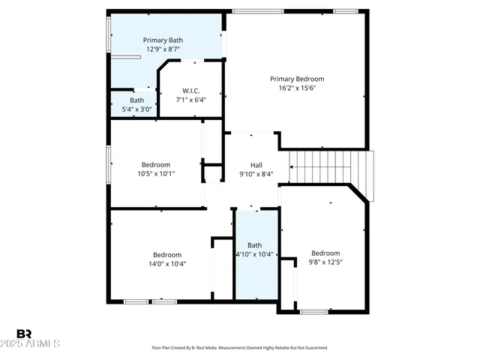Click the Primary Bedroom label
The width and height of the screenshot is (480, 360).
pos(297,79)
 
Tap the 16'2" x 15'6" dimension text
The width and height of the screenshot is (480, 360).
pos(297,88)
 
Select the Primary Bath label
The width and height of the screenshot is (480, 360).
pos(163,40)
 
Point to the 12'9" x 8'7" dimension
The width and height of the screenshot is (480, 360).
pos(163,49)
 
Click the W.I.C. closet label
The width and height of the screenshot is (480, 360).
pos(190,91)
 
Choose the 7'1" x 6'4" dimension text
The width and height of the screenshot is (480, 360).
pos(190,100)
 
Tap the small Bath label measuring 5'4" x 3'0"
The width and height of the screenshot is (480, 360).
pos(136,100)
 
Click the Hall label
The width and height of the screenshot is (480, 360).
pos(256,165)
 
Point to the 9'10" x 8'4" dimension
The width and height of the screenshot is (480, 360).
pos(256,174)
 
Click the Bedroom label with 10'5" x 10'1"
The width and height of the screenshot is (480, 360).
pos(156,165)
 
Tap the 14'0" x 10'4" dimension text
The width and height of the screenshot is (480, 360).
pos(167,264)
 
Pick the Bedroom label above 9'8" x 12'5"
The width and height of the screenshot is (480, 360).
pos(325,253)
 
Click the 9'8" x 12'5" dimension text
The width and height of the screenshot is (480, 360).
pos(325,262)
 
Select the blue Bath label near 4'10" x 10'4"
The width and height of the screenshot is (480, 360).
pos(255,245)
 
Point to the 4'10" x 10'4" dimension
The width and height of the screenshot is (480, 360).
pos(255,254)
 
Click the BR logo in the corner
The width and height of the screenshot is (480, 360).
pos(24,333)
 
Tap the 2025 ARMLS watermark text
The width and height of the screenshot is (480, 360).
pos(31,343)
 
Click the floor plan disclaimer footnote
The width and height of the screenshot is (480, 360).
pos(239,348)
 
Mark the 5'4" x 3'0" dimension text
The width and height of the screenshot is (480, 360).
pos(136,109)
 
